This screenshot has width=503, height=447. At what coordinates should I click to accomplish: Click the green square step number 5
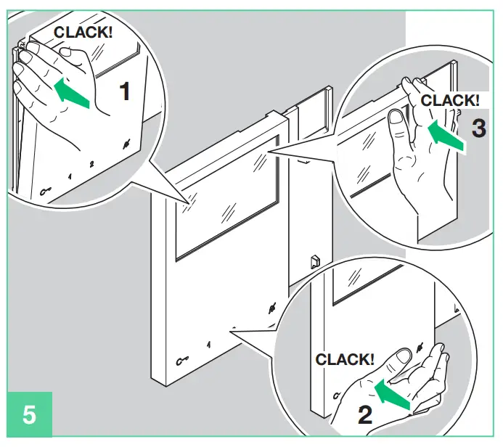[30, 416]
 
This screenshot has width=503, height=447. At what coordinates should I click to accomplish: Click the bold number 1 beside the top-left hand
[125, 91]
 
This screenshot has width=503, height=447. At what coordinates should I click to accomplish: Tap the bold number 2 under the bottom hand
[365, 414]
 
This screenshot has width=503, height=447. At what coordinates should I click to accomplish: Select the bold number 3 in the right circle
[479, 128]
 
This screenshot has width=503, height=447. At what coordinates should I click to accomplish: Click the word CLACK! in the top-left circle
[83, 33]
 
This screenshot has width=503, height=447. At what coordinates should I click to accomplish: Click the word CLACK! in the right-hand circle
[450, 101]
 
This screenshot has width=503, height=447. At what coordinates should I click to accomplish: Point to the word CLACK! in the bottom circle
[345, 358]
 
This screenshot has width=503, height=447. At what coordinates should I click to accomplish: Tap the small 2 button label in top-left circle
[91, 164]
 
